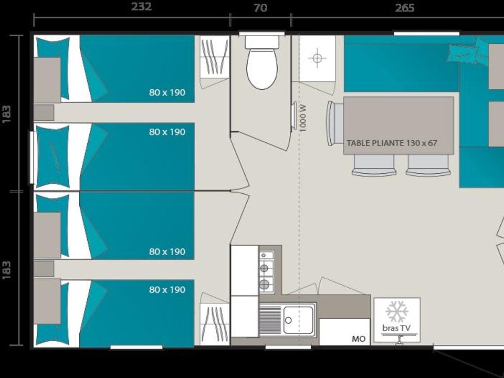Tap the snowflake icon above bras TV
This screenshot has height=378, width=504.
coord(397,311)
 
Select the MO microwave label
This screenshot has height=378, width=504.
coord(359,339)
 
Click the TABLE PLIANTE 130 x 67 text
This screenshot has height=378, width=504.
coord(392,143)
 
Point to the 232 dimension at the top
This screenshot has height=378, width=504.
coord(141,6)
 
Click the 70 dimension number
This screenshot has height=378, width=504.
coord(260,8)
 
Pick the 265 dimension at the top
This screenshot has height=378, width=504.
coord(405,8)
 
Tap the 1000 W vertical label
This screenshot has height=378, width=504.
coord(303,118)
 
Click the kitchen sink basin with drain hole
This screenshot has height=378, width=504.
coord(298,320)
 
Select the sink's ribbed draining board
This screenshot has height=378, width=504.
coord(270,320)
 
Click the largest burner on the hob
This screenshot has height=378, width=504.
coord(264,284)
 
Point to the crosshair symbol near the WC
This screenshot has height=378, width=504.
coord(317,58)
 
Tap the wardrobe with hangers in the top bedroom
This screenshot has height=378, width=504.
coord(215,56)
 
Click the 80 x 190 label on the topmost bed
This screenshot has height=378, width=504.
coord(167,92)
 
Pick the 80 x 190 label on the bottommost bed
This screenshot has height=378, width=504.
coord(167,290)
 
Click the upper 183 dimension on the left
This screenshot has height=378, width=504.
coord(7,114)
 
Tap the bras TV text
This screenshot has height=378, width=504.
coord(396,328)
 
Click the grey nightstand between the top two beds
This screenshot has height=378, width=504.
coord(44,112)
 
